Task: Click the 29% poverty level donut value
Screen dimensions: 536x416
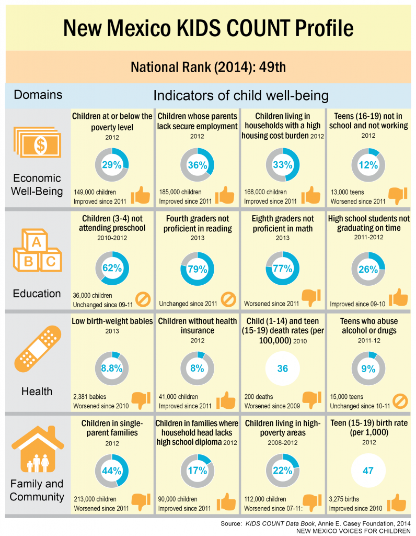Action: coord(112,165)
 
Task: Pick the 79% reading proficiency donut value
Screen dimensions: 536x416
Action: coord(197,269)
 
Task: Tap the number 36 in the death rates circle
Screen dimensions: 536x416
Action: coord(282,368)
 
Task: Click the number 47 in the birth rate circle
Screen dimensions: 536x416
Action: coord(368,470)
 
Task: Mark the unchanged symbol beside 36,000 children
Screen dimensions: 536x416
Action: coord(143,299)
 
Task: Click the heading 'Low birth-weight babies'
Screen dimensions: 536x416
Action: coord(112,320)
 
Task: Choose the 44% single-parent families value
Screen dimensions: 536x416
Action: coord(112,470)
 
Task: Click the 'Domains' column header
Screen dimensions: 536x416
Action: coord(38,95)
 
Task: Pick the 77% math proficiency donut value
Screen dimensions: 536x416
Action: coord(282,269)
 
